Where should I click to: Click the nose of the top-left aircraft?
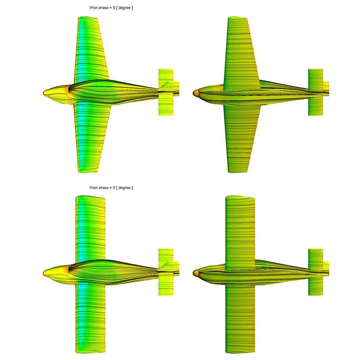(x=44, y=93)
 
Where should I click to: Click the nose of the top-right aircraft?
(x=193, y=93)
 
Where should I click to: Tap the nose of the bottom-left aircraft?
(x=44, y=273)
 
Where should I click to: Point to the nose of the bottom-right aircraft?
(x=193, y=273)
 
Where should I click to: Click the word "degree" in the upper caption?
(x=124, y=8)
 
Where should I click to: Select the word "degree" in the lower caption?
(x=124, y=188)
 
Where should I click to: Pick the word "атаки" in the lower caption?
(x=104, y=188)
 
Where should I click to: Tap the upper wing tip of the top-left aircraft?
(x=88, y=18)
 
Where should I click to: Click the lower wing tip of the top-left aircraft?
(x=89, y=171)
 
